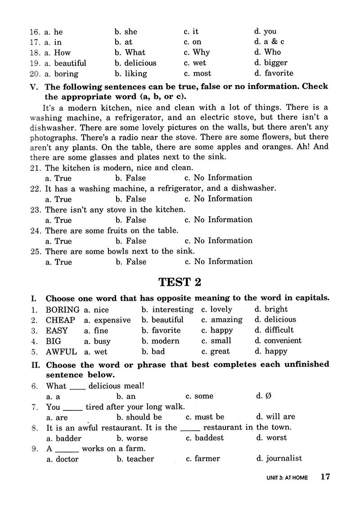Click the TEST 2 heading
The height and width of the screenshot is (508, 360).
[x=180, y=282]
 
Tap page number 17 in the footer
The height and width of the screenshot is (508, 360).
[x=325, y=477]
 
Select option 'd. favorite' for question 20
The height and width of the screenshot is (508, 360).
[x=273, y=73]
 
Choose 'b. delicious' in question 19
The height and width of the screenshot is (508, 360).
[x=135, y=63]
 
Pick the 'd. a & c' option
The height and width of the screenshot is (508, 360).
[x=269, y=42]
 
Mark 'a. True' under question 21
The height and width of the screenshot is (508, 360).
[x=58, y=178]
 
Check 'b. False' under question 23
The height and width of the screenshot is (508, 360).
[x=130, y=220]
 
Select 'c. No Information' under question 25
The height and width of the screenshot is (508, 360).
[x=218, y=261]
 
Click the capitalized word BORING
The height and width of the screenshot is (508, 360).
[x=63, y=310]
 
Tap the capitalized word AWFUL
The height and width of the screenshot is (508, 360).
[x=61, y=351]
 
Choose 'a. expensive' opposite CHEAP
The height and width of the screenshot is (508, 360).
[x=107, y=320]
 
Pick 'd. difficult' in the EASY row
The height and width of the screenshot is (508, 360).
[x=274, y=330]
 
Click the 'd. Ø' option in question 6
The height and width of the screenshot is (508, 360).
[x=264, y=396]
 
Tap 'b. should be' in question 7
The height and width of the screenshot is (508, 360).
[x=139, y=417]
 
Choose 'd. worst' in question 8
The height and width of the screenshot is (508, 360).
[x=271, y=437]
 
